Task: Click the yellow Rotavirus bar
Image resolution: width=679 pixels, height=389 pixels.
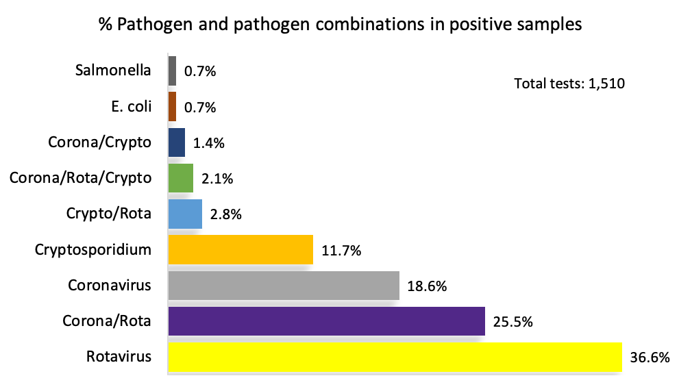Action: [394, 357]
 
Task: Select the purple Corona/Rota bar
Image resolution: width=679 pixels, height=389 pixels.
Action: [326, 321]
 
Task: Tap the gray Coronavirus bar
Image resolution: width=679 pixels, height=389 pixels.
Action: [283, 286]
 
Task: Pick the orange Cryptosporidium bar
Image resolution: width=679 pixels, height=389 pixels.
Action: [240, 250]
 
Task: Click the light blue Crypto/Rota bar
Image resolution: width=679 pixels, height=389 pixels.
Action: [185, 214]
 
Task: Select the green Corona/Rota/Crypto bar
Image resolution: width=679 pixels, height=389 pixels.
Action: [181, 178]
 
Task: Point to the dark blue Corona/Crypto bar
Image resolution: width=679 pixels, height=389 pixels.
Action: [177, 142]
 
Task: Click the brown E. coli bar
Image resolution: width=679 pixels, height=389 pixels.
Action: [172, 107]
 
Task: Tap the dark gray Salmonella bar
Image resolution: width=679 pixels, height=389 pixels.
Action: [172, 71]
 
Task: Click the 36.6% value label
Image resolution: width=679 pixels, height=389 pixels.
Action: [649, 357]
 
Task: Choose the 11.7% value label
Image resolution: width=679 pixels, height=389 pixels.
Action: [341, 251]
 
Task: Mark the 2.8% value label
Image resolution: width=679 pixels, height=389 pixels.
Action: [226, 215]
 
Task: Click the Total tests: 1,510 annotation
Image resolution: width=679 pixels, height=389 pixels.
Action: [569, 84]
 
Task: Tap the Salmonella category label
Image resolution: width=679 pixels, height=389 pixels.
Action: [113, 70]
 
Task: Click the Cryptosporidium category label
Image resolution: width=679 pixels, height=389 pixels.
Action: [93, 249]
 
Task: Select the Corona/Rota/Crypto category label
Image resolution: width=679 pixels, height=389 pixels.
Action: [80, 177]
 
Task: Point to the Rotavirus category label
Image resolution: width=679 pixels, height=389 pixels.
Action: [119, 356]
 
